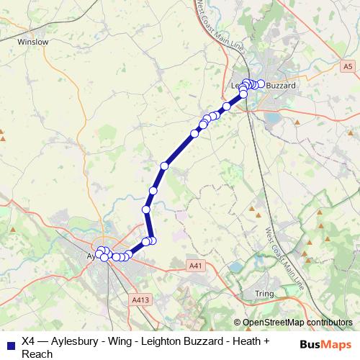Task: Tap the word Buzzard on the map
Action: pos(281,86)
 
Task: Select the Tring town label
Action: pos(264,294)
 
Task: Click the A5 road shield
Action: pos(348,66)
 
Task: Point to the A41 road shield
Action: pos(194,265)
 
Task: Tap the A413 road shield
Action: pos(140,299)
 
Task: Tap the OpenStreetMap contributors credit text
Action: pos(297,323)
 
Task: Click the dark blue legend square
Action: pos(9,343)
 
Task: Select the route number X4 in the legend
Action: pos(28,341)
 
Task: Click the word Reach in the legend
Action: pos(37,354)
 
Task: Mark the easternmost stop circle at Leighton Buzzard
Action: pos(261,84)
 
